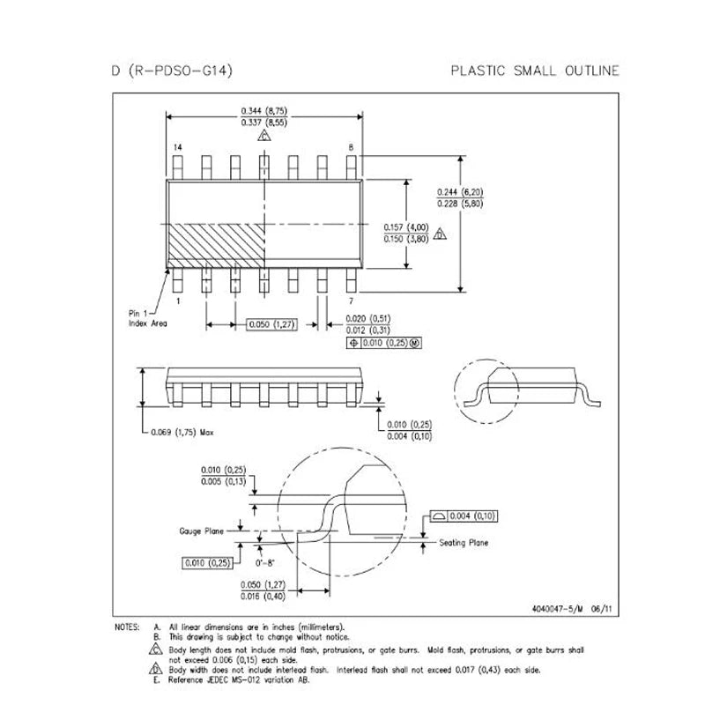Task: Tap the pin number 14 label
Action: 178,146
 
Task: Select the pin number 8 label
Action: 351,146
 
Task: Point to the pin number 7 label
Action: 352,301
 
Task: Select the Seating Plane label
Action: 464,543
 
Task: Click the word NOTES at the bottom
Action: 127,627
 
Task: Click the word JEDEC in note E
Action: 217,679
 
